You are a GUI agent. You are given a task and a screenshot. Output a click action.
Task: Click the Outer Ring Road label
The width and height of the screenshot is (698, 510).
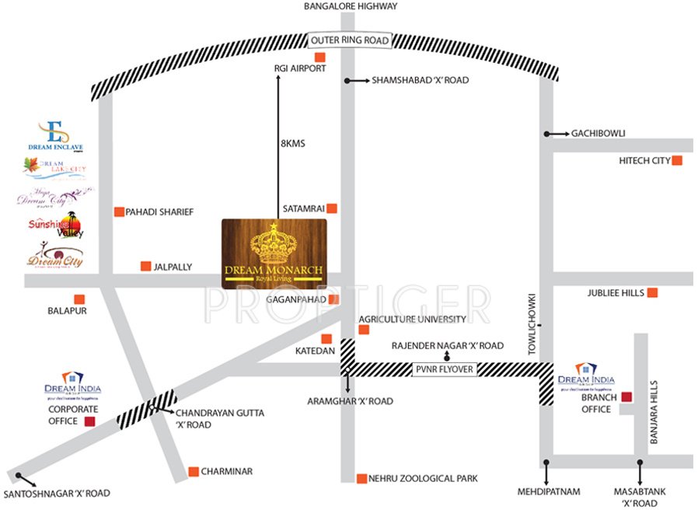(x=349, y=40)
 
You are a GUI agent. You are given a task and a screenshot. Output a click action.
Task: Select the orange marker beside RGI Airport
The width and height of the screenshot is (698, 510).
(x=319, y=58)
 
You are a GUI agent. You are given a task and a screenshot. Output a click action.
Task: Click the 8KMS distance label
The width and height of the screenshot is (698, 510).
(x=293, y=144)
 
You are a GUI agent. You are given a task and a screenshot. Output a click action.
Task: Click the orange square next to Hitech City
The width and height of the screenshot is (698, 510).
(x=677, y=161)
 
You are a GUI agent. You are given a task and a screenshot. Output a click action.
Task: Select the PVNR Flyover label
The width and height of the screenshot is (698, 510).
(x=444, y=370)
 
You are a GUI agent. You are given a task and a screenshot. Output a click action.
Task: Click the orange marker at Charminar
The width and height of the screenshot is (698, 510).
(x=194, y=471)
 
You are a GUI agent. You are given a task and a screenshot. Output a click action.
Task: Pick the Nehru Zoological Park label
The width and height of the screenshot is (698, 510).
(x=424, y=478)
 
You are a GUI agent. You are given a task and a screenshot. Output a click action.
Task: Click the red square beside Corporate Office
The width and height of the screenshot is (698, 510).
(x=89, y=421)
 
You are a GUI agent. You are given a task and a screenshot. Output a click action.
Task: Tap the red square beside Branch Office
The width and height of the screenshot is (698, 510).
(x=626, y=397)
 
